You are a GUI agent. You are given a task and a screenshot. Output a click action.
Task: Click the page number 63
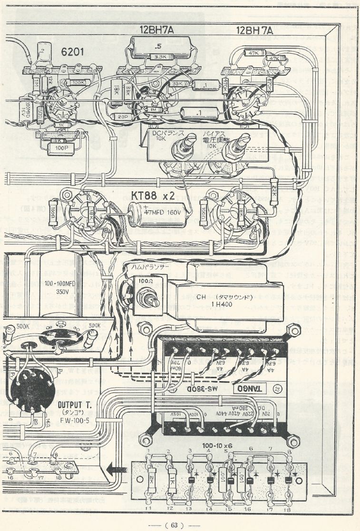[174, 525]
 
